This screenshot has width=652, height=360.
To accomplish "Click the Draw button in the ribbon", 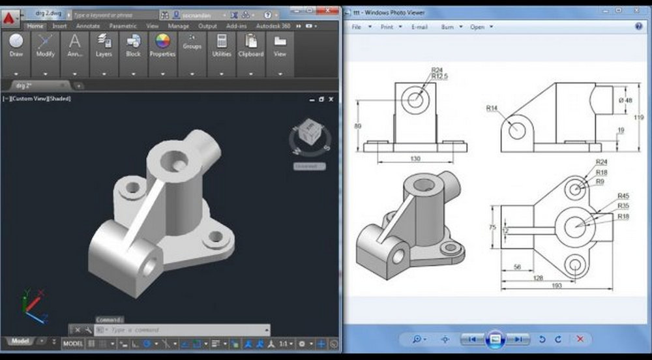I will pyautogui.click(x=16, y=45).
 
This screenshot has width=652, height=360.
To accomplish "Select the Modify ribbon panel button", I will pyautogui.click(x=45, y=45).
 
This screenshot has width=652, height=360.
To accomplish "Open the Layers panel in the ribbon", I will pyautogui.click(x=104, y=45).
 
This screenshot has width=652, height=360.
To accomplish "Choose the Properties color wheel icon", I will pyautogui.click(x=162, y=43).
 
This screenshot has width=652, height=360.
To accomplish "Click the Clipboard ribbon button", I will pyautogui.click(x=251, y=45).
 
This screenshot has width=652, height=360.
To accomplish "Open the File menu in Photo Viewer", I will pyautogui.click(x=357, y=27).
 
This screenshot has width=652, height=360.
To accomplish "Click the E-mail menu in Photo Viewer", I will pyautogui.click(x=420, y=27).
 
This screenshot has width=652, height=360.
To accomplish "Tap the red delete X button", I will pyautogui.click(x=580, y=339).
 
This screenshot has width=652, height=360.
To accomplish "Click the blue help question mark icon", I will pyautogui.click(x=638, y=27).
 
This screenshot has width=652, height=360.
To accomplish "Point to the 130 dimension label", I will pyautogui.click(x=415, y=158).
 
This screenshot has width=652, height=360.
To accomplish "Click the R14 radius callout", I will pyautogui.click(x=492, y=108).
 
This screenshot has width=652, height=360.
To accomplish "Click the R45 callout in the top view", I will pyautogui.click(x=623, y=196).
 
